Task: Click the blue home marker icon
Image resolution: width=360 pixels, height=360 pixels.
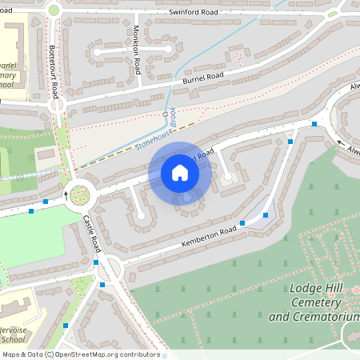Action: point(179,173)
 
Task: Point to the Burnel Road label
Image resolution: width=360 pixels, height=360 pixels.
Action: point(204,78)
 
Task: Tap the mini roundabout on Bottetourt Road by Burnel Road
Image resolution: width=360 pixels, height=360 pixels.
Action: point(57,103)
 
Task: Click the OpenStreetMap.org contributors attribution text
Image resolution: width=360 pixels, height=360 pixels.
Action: point(109,354)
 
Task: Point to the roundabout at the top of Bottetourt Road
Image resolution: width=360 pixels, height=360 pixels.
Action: point(54,10)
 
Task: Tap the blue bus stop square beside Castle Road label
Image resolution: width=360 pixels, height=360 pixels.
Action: point(95,262)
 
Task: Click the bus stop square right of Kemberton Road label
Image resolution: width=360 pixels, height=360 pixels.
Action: point(242,224)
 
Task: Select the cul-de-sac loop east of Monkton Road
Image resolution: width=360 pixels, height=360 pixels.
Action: point(169,51)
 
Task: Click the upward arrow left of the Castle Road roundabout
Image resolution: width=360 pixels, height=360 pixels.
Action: point(66,194)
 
